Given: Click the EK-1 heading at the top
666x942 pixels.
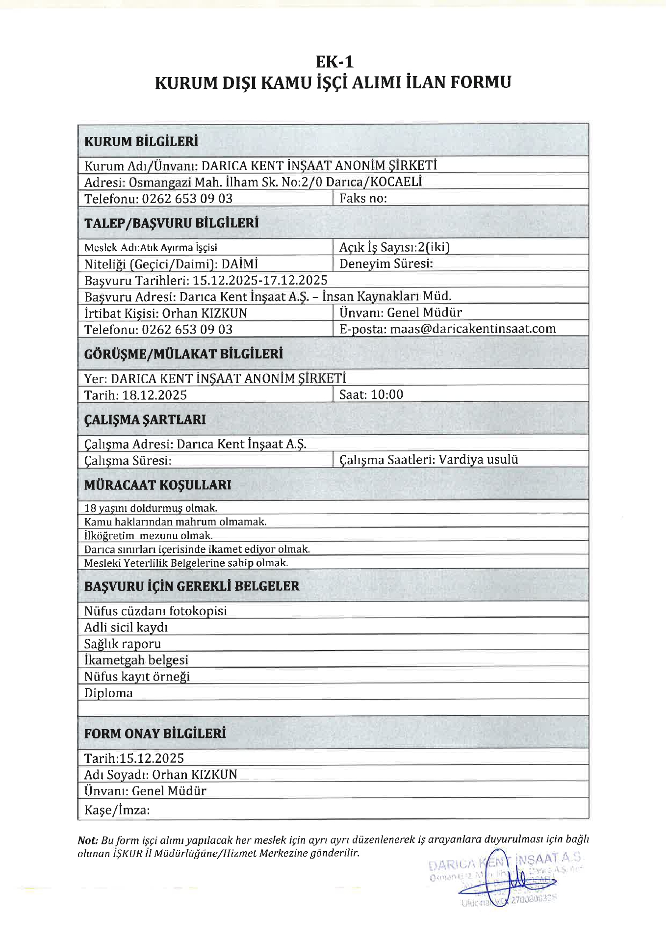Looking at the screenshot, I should tap(334, 62).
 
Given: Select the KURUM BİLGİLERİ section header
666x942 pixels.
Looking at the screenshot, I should tap(141, 142).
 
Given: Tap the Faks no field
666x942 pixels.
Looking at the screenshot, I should tap(363, 198).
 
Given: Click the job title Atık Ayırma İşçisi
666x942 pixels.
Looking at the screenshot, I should tap(179, 248).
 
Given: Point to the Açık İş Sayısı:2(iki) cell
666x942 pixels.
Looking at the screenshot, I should tap(394, 247).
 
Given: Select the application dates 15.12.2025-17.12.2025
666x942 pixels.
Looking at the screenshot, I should tap(260, 280).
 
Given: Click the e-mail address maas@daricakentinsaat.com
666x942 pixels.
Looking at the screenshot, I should tap(473, 329).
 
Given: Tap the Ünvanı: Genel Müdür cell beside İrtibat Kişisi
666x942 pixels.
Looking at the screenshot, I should tap(401, 313).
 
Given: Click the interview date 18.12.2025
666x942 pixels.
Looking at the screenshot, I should tap(154, 395).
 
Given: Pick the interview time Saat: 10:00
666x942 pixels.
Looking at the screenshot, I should tap(371, 394).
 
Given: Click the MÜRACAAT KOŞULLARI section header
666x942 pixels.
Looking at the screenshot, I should tap(157, 485).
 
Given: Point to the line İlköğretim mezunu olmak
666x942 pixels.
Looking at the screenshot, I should tap(149, 536).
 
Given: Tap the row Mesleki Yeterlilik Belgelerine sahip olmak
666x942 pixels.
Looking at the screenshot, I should tap(186, 563).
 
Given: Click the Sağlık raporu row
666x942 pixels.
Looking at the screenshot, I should tap(123, 644).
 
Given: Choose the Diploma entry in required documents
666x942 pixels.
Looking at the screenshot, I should tap(108, 693).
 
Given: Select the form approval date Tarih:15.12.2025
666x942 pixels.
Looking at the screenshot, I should tap(134, 759).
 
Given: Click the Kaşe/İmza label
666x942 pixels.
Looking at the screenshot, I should tap(117, 810).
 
